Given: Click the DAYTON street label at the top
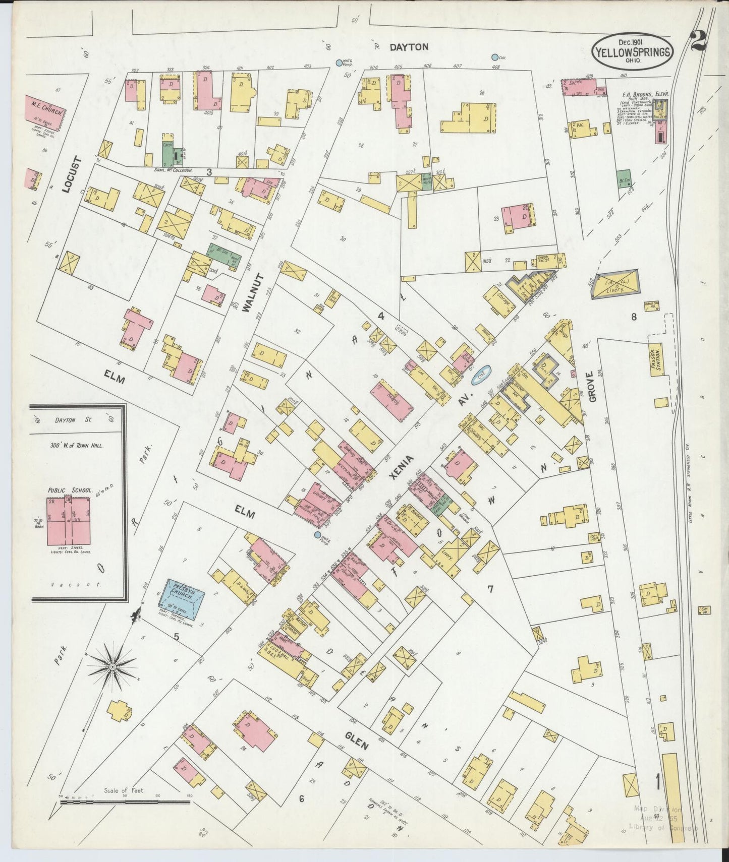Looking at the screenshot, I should point(409,47).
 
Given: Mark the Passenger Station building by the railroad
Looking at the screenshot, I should point(656,360).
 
